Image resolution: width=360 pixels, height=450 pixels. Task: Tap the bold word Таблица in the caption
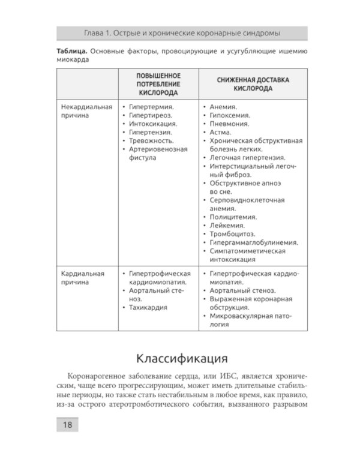pos(71,52)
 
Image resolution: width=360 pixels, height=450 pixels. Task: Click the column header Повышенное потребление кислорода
pos(158,85)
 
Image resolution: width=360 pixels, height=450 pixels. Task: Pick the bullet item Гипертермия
pos(151,107)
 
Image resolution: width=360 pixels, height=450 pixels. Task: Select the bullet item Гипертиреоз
pos(151,115)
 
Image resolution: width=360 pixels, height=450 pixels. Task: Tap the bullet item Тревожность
pos(151,140)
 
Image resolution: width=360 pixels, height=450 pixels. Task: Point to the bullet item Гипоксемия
pos(230,115)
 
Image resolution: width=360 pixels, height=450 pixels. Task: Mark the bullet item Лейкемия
pos(226,226)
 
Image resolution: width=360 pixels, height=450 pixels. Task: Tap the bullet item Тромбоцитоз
pos(232,234)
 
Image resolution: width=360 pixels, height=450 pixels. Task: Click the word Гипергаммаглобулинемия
pos(254,242)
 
